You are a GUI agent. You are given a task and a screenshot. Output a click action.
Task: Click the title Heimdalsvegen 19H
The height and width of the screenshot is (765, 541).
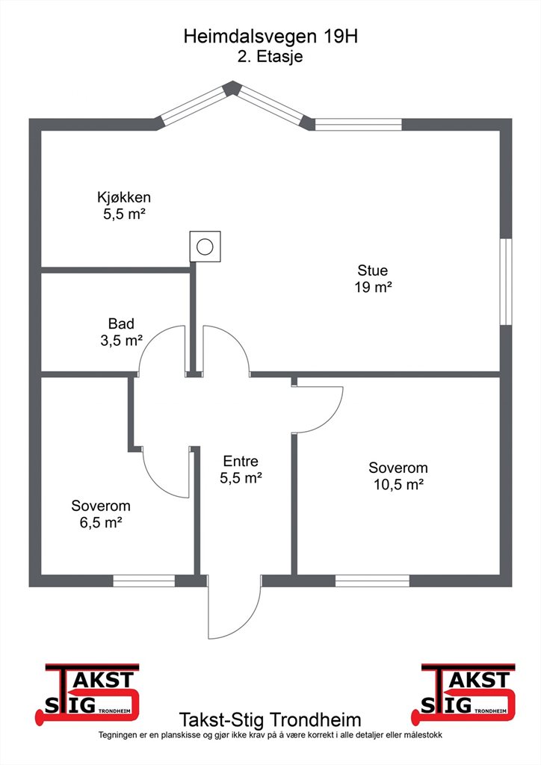[270, 37]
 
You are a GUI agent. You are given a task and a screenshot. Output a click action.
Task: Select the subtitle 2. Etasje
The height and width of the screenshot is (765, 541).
[270, 56]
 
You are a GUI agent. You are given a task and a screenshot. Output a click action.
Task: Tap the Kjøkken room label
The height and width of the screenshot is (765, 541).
[124, 197]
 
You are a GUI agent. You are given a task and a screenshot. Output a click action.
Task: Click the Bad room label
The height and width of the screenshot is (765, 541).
[122, 323]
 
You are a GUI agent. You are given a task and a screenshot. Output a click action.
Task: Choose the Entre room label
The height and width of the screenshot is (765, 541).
[241, 461]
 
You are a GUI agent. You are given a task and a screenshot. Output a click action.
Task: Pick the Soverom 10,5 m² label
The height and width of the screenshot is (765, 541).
[398, 476]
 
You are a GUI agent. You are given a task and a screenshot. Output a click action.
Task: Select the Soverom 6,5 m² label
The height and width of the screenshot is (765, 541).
[100, 514]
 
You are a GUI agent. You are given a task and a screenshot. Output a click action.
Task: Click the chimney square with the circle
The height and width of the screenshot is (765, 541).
[205, 247]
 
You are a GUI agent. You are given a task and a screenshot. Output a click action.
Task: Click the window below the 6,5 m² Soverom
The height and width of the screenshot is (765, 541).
[144, 580]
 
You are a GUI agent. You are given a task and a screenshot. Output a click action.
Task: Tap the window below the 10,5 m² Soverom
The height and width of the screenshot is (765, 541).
[372, 580]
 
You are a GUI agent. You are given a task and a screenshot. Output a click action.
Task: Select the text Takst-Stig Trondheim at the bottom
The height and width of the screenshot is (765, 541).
[270, 719]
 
